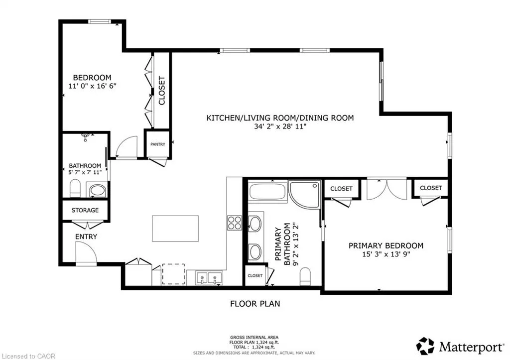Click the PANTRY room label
tap(158, 144)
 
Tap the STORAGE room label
tap(85, 211)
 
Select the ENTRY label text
tap(86, 237)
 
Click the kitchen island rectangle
tap(175, 228)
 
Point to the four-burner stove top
tap(235, 223)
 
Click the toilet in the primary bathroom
tap(305, 276)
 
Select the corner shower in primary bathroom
tap(304, 195)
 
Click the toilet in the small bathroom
tap(75, 188)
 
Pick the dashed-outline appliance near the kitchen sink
tap(173, 274)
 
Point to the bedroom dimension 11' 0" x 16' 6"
tap(92, 86)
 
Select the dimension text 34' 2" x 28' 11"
tap(280, 126)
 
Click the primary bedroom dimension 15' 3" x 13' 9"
tap(386, 254)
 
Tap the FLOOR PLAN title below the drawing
tap(255, 304)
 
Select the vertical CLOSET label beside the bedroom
tap(162, 91)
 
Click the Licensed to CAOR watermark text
tap(28, 357)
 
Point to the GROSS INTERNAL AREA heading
tap(255, 338)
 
